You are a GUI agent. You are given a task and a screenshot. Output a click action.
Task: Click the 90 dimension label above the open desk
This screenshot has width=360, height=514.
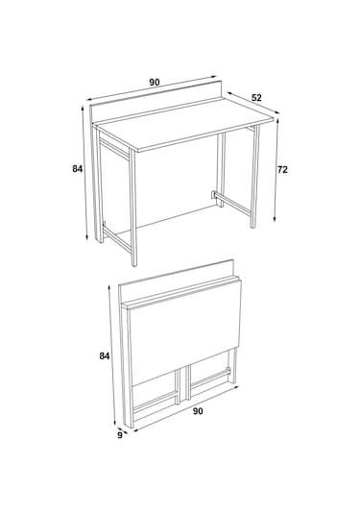pos(155,83)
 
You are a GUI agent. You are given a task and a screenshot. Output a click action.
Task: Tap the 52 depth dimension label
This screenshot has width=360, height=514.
pos(257,98)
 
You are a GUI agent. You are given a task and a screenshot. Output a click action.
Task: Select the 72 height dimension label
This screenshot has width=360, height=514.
pos(282,170)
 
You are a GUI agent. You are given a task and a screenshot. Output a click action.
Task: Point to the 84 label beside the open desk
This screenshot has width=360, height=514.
pos(78,169)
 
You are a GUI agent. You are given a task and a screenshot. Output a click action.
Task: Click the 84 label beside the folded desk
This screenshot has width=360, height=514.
pos(105,355)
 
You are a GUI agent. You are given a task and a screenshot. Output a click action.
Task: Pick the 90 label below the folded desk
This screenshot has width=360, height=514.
pos(198,411)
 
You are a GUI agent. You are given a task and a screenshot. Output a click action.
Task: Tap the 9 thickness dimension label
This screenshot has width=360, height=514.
pos(120,435)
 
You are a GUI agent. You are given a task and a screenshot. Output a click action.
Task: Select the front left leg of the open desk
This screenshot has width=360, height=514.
pos(132,208)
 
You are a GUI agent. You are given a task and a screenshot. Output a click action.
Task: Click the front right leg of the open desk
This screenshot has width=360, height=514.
pos(254,176)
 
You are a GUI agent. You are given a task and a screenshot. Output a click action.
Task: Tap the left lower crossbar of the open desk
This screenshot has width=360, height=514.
pos(116,239)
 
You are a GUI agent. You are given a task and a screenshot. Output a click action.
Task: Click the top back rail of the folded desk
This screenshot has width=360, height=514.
pos(177,279)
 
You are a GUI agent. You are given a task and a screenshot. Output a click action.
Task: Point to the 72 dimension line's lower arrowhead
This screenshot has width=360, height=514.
pos(276,219)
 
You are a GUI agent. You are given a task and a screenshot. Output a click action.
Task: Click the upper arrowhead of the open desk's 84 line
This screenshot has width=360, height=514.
pos(82,109)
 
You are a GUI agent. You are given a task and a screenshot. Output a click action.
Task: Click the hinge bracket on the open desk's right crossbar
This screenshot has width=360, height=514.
pos(213,195)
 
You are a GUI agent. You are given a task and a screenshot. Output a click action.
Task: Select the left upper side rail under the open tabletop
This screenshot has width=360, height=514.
pos(114,149)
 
